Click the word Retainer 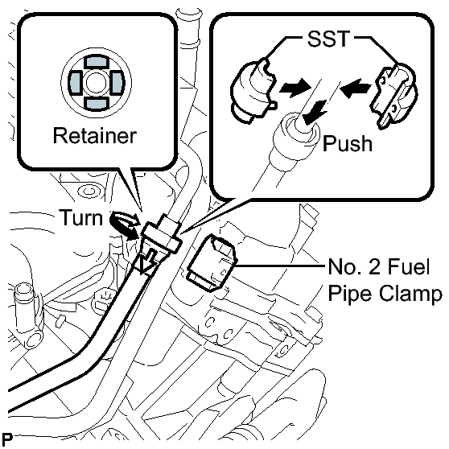coord(94,135)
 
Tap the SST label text coord(328,39)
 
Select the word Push coord(348,144)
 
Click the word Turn coord(80,217)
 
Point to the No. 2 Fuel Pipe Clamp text coord(385,280)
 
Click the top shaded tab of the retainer coord(97,62)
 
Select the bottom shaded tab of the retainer coord(97,104)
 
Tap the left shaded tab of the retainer coord(75,82)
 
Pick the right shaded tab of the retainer coord(117,82)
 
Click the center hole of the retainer coord(97,83)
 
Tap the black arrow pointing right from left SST coord(295,87)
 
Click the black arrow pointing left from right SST coord(355,88)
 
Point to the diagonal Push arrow coord(315,113)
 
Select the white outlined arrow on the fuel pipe coord(148,262)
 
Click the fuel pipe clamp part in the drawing coord(212,263)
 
